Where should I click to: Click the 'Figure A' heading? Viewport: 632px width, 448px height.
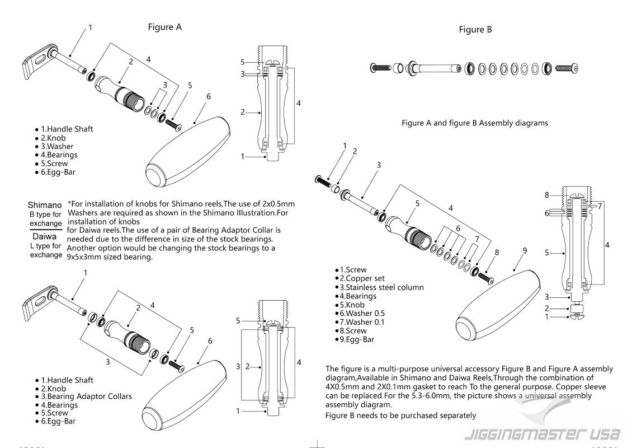(x=165, y=27)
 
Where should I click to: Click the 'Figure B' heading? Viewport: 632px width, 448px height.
(x=475, y=30)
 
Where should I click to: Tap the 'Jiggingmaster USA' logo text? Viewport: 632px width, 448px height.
(x=542, y=434)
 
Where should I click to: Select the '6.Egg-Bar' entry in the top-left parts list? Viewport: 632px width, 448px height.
(x=58, y=172)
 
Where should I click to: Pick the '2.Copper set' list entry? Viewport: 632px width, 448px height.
(x=362, y=278)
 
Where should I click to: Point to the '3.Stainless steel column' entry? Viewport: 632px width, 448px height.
(x=381, y=287)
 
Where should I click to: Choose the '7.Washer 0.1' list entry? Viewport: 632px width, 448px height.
(x=362, y=322)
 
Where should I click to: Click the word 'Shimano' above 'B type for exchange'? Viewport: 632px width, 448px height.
(x=45, y=205)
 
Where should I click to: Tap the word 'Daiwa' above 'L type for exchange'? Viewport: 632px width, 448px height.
(x=45, y=236)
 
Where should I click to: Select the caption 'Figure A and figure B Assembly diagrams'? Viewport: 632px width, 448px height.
(x=475, y=123)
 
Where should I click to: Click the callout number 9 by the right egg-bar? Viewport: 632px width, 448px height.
(x=525, y=251)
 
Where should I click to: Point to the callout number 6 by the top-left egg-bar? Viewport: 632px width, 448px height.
(x=209, y=96)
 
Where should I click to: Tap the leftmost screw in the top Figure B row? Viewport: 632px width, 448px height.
(x=380, y=68)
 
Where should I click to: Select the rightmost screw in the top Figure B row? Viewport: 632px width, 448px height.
(x=567, y=68)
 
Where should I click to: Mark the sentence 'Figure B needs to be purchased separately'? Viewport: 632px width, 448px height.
(x=400, y=416)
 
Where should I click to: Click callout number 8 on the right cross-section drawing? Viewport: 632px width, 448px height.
(x=547, y=195)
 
